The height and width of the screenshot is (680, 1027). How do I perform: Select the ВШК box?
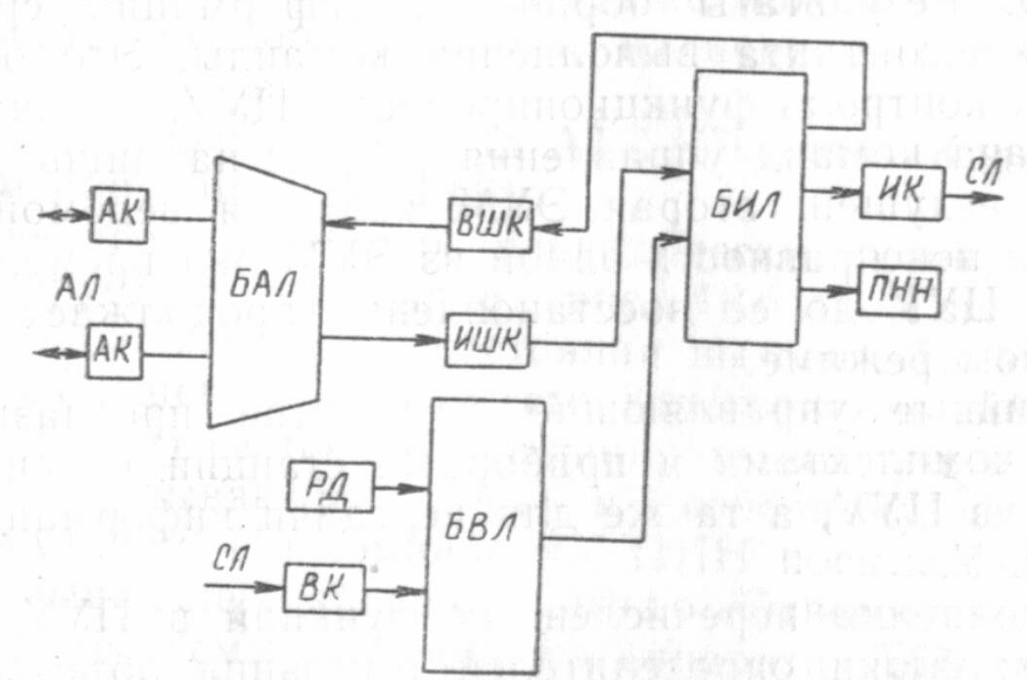pos(488,226)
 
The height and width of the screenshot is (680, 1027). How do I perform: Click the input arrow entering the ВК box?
pos(246,586)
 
